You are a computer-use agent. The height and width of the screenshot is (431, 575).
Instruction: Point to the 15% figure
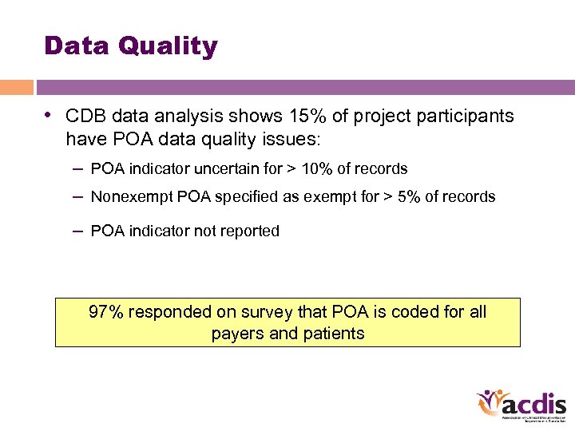pos(303,117)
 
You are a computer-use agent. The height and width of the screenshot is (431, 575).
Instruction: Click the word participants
pos(470,117)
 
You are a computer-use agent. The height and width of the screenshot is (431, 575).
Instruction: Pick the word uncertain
pos(226,168)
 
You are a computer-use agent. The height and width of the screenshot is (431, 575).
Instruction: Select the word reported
pos(250,231)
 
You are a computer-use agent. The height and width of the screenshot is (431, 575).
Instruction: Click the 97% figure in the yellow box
pos(105,312)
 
